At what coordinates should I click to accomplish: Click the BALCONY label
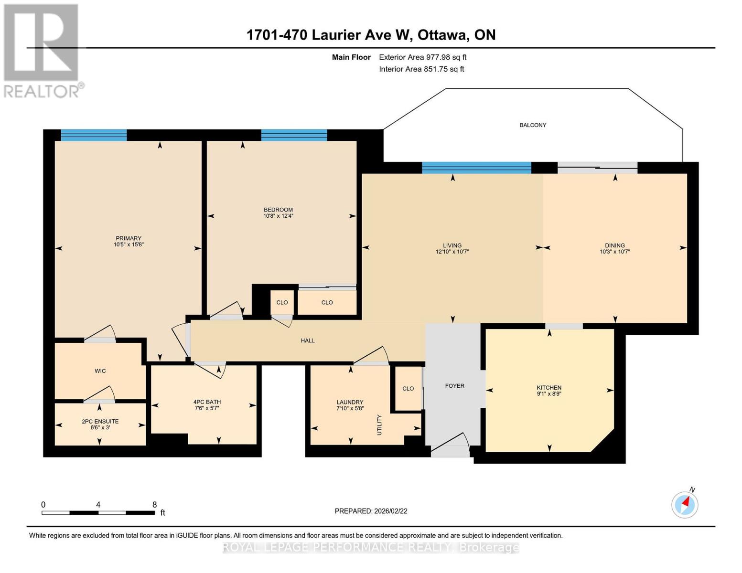pos(532,125)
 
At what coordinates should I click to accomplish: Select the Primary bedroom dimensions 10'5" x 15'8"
pos(129,244)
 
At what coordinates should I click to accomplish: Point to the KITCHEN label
pos(549,387)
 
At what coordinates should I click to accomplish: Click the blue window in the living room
pos(476,168)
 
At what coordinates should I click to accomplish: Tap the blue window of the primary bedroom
pos(94,135)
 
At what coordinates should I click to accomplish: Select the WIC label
pos(100,371)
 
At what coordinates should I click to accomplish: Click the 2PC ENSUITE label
pos(100,421)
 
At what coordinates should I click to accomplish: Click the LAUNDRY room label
pos(350,402)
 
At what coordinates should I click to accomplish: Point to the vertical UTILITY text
pos(379,424)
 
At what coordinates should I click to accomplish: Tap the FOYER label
pos(454,386)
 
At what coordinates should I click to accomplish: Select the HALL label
pos(308,340)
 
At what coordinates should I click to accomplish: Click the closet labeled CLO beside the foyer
pos(408,389)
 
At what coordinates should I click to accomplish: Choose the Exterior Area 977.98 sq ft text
pos(422,57)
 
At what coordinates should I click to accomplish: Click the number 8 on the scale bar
pos(154,504)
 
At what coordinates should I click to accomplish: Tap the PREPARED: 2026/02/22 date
pos(371,511)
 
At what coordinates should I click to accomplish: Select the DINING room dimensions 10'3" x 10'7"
pos(615,251)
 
